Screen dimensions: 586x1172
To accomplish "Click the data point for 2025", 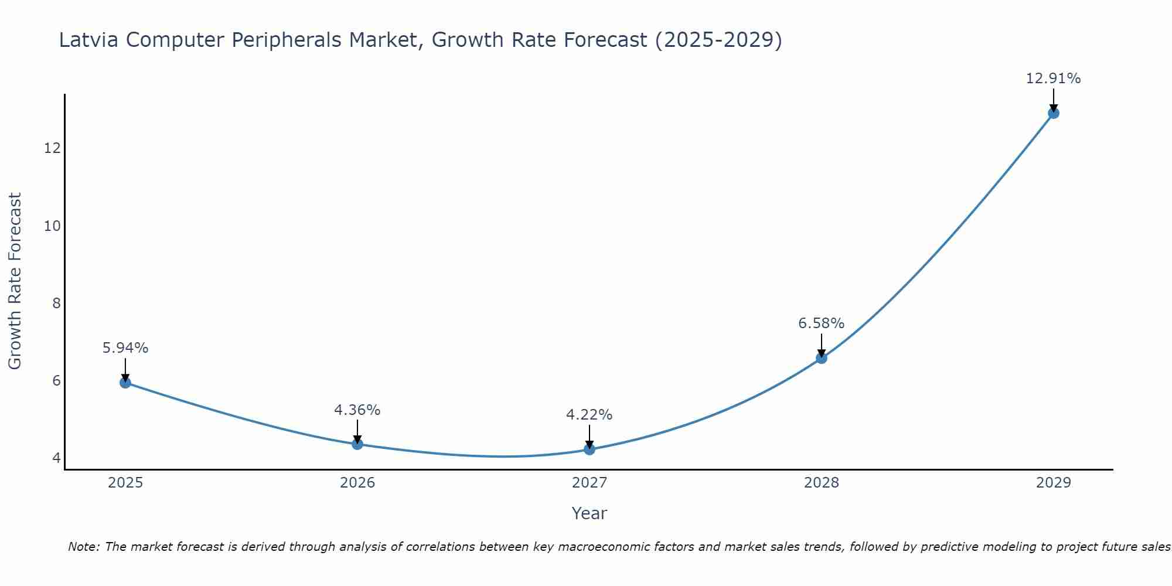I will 125,383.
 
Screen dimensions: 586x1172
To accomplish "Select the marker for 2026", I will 357,444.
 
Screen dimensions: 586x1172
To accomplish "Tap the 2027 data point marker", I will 590,449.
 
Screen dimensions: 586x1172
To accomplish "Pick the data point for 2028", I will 822,358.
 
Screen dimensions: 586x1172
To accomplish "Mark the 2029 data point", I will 1054,113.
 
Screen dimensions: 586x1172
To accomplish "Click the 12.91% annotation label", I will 1053,79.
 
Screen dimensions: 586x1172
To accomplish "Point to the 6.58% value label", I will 821,323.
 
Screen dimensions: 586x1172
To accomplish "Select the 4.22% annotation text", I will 589,415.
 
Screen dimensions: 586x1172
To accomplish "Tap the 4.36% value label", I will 357,410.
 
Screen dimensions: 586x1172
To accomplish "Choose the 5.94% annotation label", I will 125,348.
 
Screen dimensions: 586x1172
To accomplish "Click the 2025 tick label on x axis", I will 125,483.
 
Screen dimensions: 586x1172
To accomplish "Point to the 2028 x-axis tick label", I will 822,483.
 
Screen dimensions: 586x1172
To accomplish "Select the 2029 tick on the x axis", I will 1054,483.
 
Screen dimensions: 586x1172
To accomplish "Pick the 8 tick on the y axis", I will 56,304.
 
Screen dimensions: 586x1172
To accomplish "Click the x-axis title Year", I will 590,513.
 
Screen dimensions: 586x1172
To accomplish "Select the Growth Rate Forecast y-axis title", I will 15,281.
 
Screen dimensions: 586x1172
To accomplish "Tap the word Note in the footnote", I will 84,547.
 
